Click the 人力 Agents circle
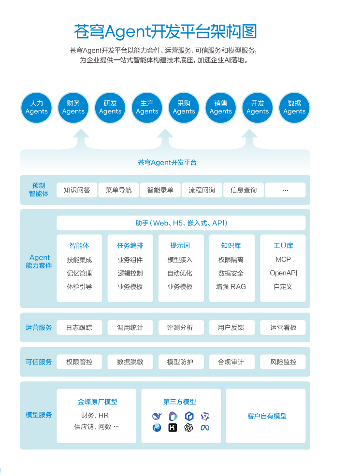click(37, 108)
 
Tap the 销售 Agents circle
click(221, 108)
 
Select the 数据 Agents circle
click(294, 108)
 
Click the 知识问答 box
click(77, 190)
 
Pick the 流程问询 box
click(202, 190)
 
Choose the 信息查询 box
click(244, 190)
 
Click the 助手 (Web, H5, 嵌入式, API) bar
click(181, 223)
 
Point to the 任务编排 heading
click(130, 245)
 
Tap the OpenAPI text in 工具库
click(283, 273)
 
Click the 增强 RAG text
click(231, 287)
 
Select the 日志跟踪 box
click(79, 328)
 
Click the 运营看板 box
click(283, 328)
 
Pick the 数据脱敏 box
click(130, 362)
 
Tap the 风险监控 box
click(283, 362)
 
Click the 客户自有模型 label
click(267, 416)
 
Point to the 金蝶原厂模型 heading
click(98, 402)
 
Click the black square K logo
click(173, 428)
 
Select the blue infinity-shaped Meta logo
click(205, 428)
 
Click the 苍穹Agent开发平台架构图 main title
click(165, 31)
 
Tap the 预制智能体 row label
click(39, 190)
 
